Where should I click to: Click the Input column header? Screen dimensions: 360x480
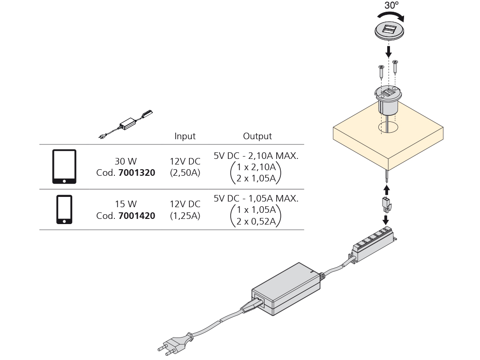point(185,136)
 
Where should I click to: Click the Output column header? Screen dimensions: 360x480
point(257,136)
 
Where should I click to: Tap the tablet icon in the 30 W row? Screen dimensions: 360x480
point(64,167)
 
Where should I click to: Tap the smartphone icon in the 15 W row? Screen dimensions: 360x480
point(64,210)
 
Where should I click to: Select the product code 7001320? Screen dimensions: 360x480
point(137,172)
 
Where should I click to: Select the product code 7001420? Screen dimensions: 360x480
point(137,216)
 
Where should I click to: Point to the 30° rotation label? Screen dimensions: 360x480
point(391,5)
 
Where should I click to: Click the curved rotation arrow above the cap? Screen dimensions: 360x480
point(392,16)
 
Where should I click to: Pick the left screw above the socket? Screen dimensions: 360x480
point(381,72)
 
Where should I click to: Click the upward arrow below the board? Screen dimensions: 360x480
point(386,189)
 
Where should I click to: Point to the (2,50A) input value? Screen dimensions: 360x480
point(185,172)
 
